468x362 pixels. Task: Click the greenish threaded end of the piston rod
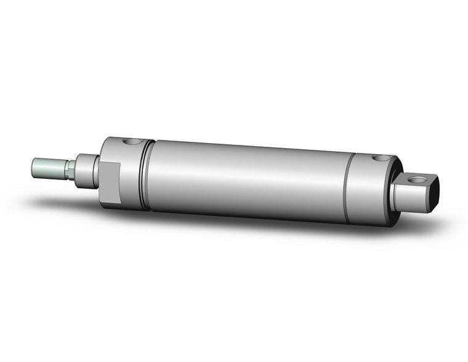(x=49, y=168)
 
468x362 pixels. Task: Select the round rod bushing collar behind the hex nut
(x=86, y=170)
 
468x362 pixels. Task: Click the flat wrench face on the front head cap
(x=109, y=183)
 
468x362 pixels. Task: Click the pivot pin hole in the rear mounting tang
(x=421, y=180)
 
